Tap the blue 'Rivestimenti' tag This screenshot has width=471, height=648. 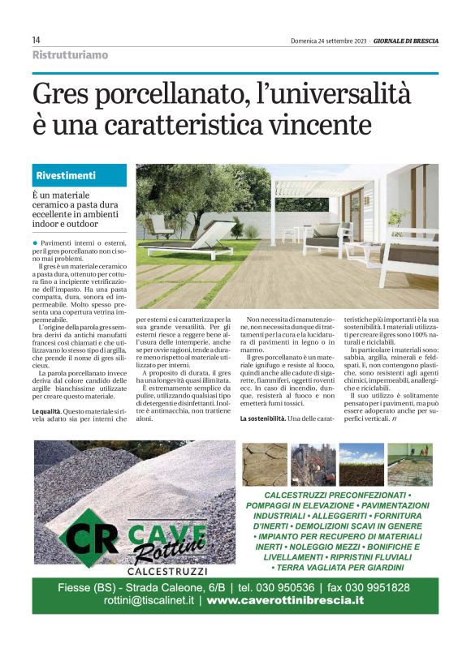(67, 175)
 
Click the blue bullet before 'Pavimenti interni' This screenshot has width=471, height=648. (36, 243)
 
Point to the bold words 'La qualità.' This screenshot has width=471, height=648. (50, 412)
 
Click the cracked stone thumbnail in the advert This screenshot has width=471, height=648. (266, 465)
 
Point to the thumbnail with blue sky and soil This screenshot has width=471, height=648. (361, 465)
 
